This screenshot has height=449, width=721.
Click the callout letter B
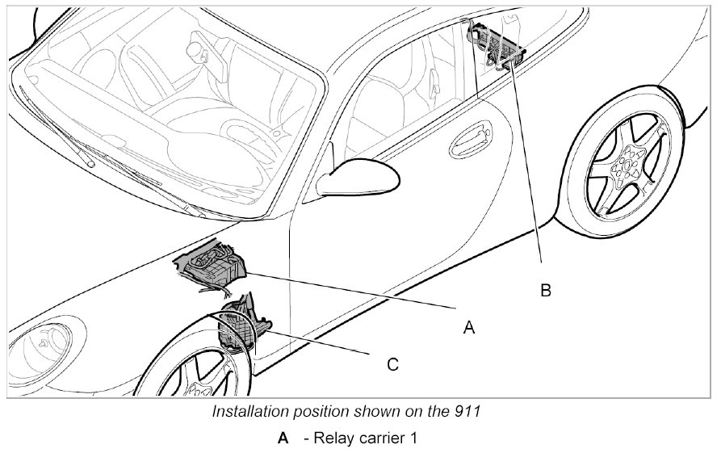point(546,290)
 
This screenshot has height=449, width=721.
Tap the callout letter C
point(392,365)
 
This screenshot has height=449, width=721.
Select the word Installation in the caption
point(251,411)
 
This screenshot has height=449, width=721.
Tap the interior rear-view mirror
point(196,48)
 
